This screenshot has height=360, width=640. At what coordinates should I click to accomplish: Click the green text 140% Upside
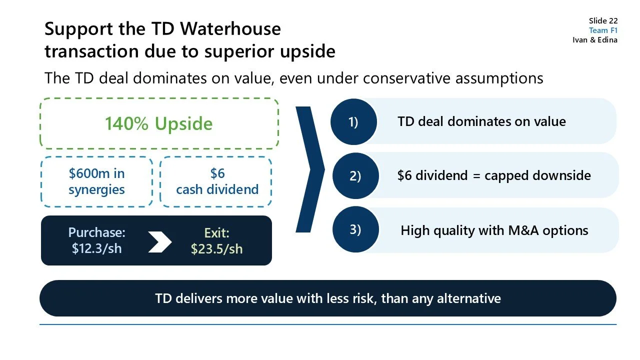coord(158,123)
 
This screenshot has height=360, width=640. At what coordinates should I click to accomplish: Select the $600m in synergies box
coord(96,181)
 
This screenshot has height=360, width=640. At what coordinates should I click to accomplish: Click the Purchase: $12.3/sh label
coord(96,240)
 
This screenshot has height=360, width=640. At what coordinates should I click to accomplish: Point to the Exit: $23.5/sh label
coord(216,240)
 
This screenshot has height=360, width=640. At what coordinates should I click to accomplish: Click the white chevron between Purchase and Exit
coord(160,241)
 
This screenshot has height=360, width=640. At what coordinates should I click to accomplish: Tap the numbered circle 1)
coord(353,122)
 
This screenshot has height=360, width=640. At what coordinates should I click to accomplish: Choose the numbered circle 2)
coord(355,176)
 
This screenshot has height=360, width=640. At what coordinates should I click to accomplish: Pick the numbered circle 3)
coord(355,229)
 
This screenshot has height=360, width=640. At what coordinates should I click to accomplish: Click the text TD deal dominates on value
coord(481,121)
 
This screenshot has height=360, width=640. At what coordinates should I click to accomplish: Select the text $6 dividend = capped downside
coord(494,175)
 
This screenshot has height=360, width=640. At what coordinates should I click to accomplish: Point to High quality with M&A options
coord(494,230)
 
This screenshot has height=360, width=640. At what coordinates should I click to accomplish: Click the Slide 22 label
coord(603,20)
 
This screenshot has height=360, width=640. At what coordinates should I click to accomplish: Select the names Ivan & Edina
coord(594,40)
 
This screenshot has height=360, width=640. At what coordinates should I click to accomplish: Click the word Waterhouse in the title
coord(230,29)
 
